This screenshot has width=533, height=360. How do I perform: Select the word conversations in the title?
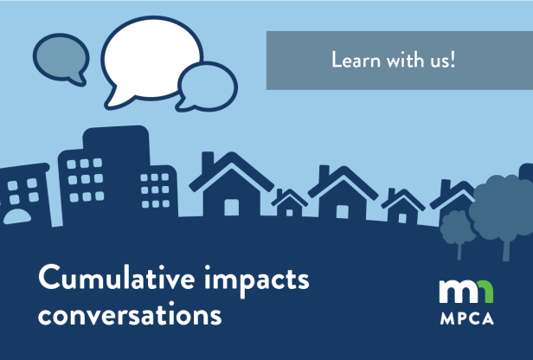[129, 312]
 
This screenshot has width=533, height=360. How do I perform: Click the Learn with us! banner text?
[393, 61]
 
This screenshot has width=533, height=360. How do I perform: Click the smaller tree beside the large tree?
[455, 227]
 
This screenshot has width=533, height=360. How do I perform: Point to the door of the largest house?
[232, 208]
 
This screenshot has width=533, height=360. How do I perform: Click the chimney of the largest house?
[207, 160]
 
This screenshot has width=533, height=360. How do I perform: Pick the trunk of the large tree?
[506, 247]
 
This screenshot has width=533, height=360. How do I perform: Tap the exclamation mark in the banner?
[451, 61]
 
